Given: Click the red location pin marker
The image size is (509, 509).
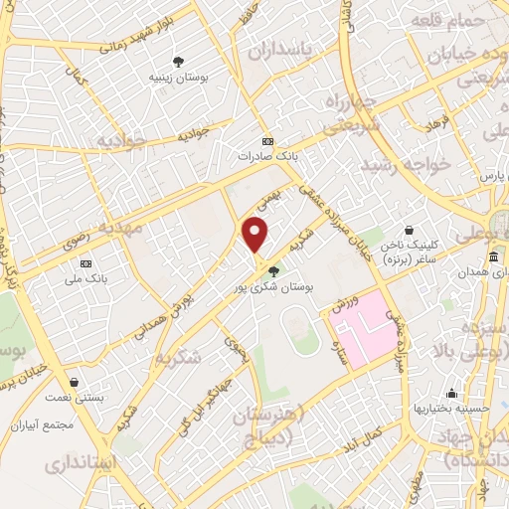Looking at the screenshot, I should pos(255,234).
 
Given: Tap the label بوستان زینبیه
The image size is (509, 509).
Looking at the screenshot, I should pos(178,76).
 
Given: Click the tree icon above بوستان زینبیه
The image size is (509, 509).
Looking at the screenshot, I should pos(178,60).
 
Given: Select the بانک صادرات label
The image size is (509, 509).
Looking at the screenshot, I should pos(267,156).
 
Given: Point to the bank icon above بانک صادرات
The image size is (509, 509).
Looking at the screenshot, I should pos(266,141).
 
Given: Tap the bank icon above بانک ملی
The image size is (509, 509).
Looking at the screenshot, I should pos(85,263).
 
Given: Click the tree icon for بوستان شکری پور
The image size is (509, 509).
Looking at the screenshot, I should pos(274,269).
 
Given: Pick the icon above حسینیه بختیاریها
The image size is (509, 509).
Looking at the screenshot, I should pos(452,393).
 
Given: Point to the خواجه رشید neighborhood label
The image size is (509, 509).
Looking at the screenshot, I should pos(407,162).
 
